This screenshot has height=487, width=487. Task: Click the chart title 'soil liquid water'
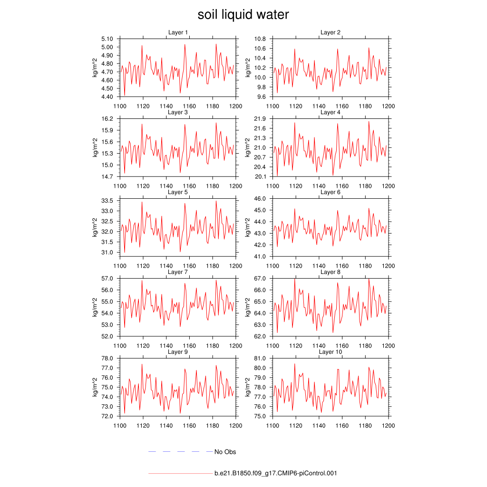pos(243,15)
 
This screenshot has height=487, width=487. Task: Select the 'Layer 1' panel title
pos(178,32)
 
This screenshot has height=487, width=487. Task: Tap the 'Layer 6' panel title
pos(330,192)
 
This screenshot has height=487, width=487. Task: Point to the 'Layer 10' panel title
pos(330,352)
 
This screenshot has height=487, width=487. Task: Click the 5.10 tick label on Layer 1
pos(107,39)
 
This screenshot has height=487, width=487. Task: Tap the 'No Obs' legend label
pos(225,452)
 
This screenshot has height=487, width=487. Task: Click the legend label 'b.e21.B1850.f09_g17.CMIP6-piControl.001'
pos(276,473)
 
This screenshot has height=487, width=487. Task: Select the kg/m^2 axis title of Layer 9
pos(95,387)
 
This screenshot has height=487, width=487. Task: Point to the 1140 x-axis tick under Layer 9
pos(166,426)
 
